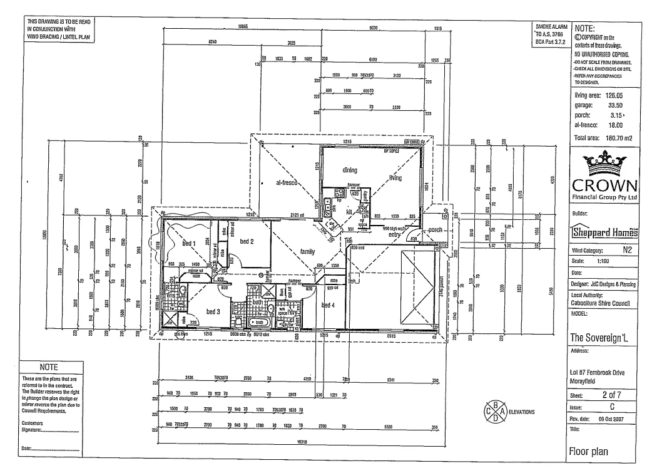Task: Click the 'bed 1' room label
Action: tap(190, 243)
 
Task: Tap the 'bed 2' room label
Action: tap(246, 241)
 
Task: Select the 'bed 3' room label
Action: tap(213, 311)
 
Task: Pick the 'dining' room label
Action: tap(349, 169)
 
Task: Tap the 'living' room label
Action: tap(395, 178)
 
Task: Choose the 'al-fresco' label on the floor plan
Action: tap(289, 184)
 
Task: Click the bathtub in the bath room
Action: tap(256, 321)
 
